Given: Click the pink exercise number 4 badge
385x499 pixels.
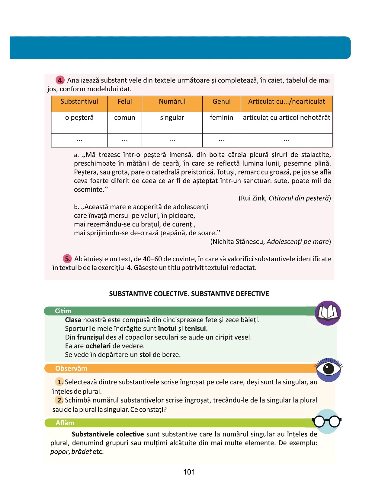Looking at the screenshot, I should [x=60, y=80].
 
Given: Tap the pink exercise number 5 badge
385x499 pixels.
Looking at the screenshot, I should [x=67, y=259].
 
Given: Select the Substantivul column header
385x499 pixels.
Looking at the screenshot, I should [x=79, y=102].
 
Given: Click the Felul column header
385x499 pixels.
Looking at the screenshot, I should [x=125, y=102].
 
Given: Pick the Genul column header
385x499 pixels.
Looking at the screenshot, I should [x=221, y=102].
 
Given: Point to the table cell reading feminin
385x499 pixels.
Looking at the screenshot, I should [x=221, y=118].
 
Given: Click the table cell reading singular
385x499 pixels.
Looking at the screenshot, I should [x=172, y=118].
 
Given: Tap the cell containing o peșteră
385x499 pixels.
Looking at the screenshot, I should [x=79, y=118].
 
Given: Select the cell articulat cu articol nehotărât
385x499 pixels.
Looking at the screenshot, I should [x=287, y=118].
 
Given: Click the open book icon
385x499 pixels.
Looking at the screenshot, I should [x=328, y=313].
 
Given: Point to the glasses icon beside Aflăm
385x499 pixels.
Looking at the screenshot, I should [x=327, y=421].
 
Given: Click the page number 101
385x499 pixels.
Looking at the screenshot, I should [x=189, y=472].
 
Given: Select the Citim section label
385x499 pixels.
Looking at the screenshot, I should [x=63, y=311].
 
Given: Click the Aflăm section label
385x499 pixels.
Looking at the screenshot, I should [x=65, y=423].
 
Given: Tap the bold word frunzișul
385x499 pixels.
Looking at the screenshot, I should [x=90, y=337].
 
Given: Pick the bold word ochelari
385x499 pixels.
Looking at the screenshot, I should [x=98, y=346].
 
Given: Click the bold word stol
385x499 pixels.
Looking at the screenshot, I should [x=145, y=355].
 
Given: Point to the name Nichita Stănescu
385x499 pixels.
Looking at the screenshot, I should [x=239, y=242].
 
